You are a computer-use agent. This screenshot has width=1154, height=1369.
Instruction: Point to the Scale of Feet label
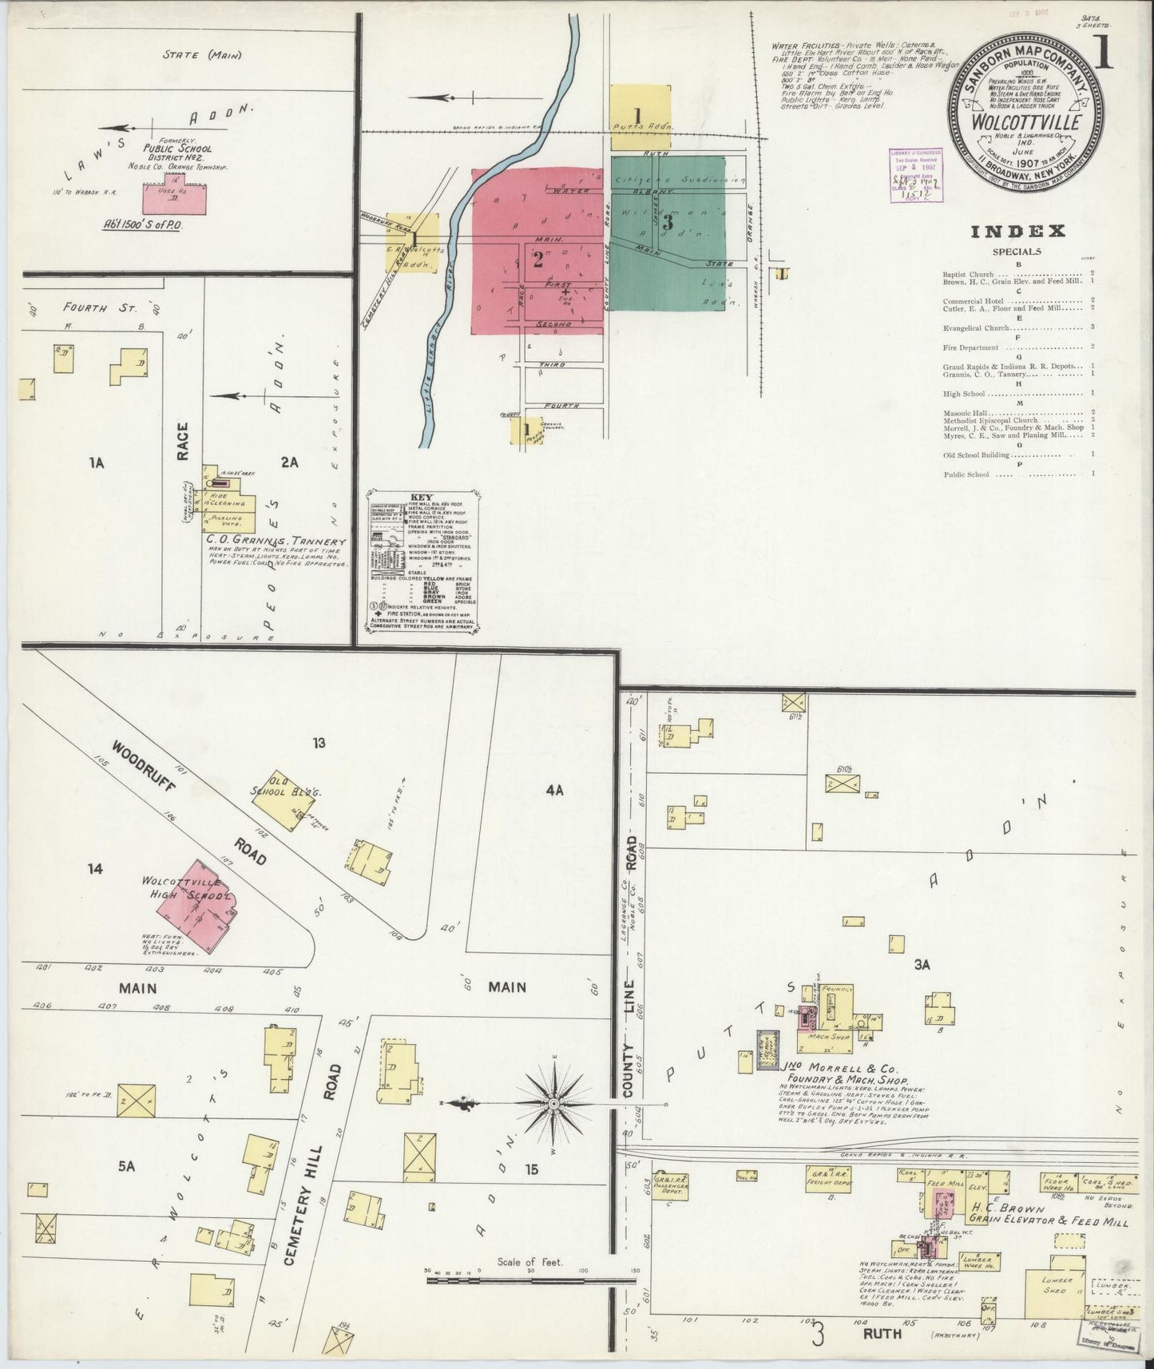coord(529,1261)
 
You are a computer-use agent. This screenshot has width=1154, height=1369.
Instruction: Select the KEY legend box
coord(422,563)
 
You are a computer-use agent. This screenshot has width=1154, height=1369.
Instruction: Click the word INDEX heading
coord(1017,232)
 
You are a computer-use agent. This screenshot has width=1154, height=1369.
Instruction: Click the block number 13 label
coord(319,744)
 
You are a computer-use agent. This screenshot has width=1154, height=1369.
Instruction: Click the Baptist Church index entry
coord(970,274)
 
